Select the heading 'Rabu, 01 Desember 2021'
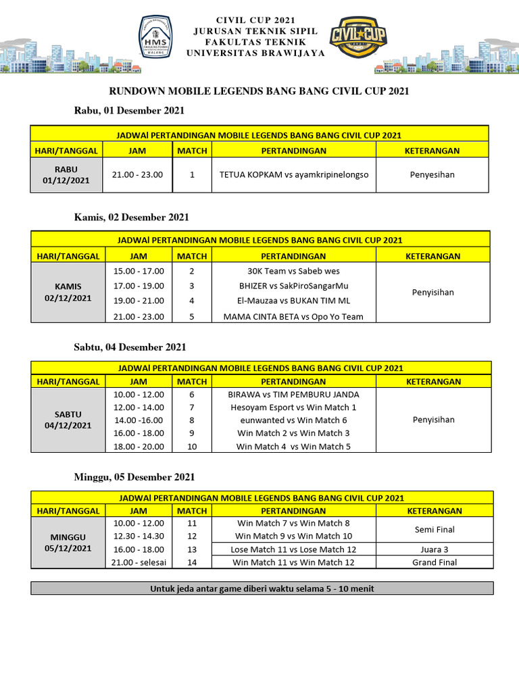click(128, 110)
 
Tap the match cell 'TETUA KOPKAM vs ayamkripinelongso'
click(293, 174)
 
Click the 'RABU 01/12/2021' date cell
click(66, 174)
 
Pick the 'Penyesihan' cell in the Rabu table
click(432, 174)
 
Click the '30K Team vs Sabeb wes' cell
click(293, 270)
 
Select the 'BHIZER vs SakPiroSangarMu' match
click(293, 286)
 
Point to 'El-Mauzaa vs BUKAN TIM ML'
click(293, 301)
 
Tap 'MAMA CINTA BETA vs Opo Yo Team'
click(293, 316)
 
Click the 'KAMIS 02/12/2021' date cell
click(66, 292)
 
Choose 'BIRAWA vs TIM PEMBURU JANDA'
click(294, 394)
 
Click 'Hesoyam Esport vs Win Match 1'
click(294, 407)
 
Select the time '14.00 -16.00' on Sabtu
click(138, 420)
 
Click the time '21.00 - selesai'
click(138, 562)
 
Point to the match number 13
click(192, 549)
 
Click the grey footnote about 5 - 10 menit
click(262, 589)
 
